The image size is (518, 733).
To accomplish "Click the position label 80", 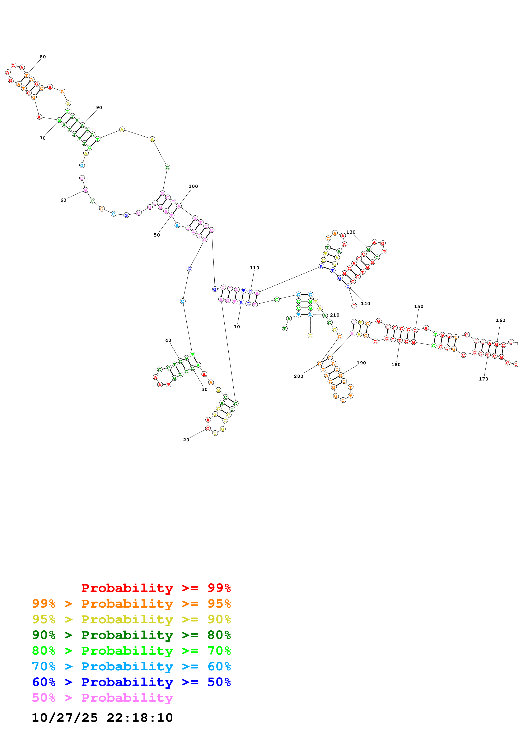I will pyautogui.click(x=43, y=57).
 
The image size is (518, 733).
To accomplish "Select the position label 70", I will pyautogui.click(x=42, y=138).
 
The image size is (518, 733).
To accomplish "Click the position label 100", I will pyautogui.click(x=193, y=186).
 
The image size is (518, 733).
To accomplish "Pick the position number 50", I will pyautogui.click(x=157, y=235).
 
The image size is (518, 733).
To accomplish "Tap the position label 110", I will pyautogui.click(x=254, y=268).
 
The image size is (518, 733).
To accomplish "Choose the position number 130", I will pyautogui.click(x=351, y=232).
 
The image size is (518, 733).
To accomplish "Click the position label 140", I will pyautogui.click(x=365, y=304).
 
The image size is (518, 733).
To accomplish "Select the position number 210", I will pyautogui.click(x=335, y=315).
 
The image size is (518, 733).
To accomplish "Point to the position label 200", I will pyautogui.click(x=298, y=376).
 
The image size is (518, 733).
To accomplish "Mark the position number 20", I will pyautogui.click(x=186, y=440).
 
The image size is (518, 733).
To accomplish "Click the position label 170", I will pyautogui.click(x=484, y=379).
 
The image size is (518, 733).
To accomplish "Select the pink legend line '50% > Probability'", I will pyautogui.click(x=102, y=698).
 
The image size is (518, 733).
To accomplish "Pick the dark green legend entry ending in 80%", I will pyautogui.click(x=131, y=635).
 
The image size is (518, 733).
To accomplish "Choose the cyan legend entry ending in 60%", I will pyautogui.click(x=131, y=667).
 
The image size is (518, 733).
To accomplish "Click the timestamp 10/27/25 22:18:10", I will pyautogui.click(x=102, y=718).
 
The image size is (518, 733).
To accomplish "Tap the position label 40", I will pyautogui.click(x=168, y=340).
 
